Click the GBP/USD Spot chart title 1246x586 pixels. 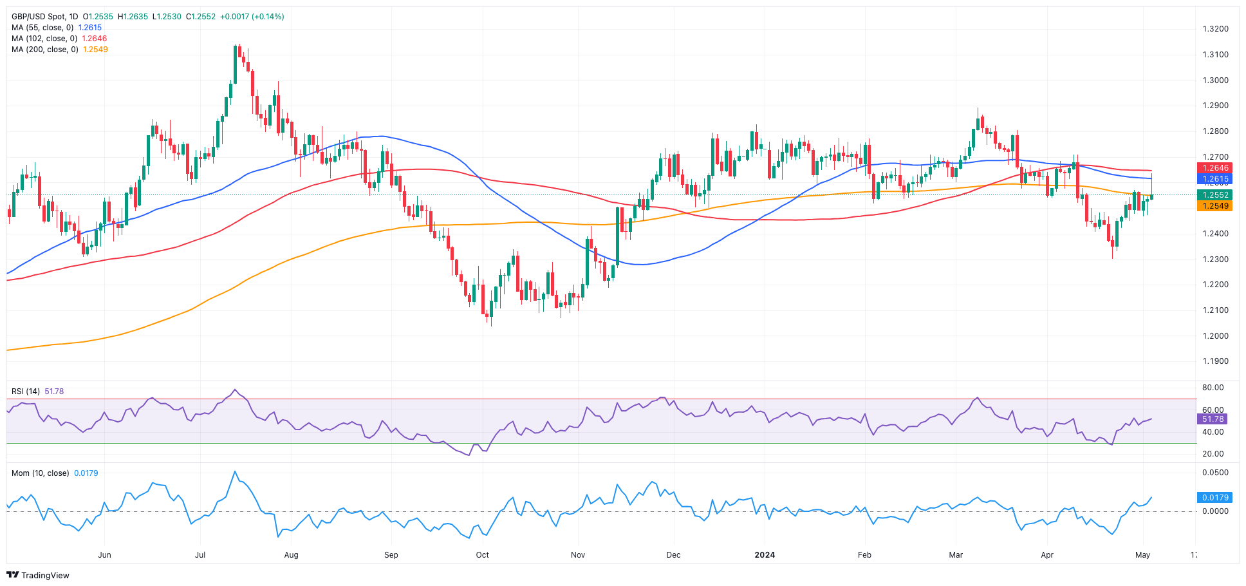tap(45, 17)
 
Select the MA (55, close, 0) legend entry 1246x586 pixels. tap(42, 28)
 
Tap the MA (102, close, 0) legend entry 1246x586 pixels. tap(44, 39)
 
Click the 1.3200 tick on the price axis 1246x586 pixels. tap(1215, 29)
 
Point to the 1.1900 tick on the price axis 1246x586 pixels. tap(1215, 361)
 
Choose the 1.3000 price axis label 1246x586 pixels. tap(1215, 80)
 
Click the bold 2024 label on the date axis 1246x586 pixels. tap(765, 555)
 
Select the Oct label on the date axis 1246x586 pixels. tap(482, 555)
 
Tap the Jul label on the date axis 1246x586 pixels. tap(200, 555)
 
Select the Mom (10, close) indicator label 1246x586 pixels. tap(40, 473)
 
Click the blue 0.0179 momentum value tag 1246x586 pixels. tap(1213, 498)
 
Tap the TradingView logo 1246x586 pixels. tap(38, 575)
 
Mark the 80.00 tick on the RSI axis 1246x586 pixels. tap(1213, 388)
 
